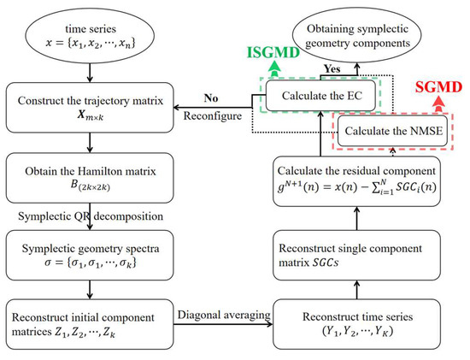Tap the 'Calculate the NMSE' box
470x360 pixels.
pyautogui.click(x=391, y=134)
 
